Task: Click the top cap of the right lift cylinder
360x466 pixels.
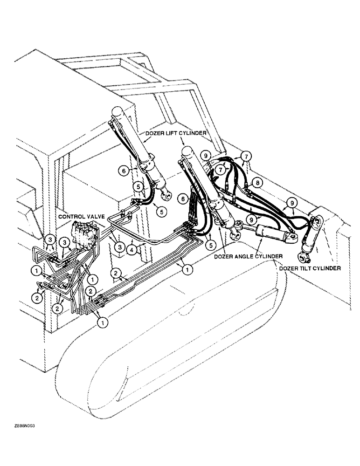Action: [x=188, y=151]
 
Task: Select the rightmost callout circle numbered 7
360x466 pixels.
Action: [x=246, y=155]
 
